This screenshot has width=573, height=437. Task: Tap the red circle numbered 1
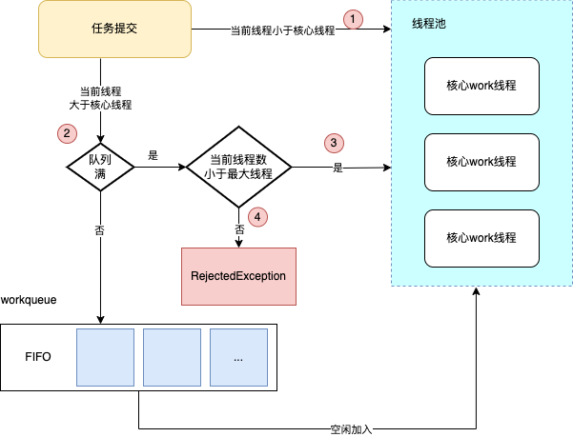tap(355, 19)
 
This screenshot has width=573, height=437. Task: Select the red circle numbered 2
tap(65, 133)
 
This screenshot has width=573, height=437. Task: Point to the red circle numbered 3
tap(333, 143)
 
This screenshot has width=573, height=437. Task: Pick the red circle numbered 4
tap(257, 216)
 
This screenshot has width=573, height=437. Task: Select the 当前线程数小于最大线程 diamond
tap(237, 168)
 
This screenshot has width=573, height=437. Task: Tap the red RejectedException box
tap(238, 275)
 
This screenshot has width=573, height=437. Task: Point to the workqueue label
tap(29, 299)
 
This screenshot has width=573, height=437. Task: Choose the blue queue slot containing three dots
tap(237, 357)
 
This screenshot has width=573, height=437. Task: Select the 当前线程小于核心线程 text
tap(282, 30)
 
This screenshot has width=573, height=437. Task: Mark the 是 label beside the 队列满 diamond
tap(153, 152)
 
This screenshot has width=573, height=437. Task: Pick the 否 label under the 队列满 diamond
tap(101, 231)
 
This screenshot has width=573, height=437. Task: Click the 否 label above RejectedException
tap(238, 229)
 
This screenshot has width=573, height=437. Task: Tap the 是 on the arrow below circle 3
tap(338, 169)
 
